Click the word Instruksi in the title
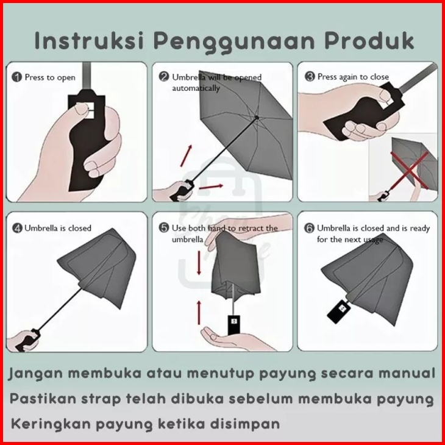tap(89, 41)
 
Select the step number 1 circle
tap(16, 77)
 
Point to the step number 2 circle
tap(164, 77)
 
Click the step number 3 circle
tap(310, 76)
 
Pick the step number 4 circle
tap(17, 228)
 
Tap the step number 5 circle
tap(164, 227)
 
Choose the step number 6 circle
tap(309, 228)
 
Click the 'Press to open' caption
tap(50, 77)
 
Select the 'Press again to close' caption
tap(353, 77)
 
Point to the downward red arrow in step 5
tap(199, 263)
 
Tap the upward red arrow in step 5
tap(199, 313)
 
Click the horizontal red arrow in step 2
tap(211, 187)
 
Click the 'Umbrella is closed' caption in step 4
tap(58, 228)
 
